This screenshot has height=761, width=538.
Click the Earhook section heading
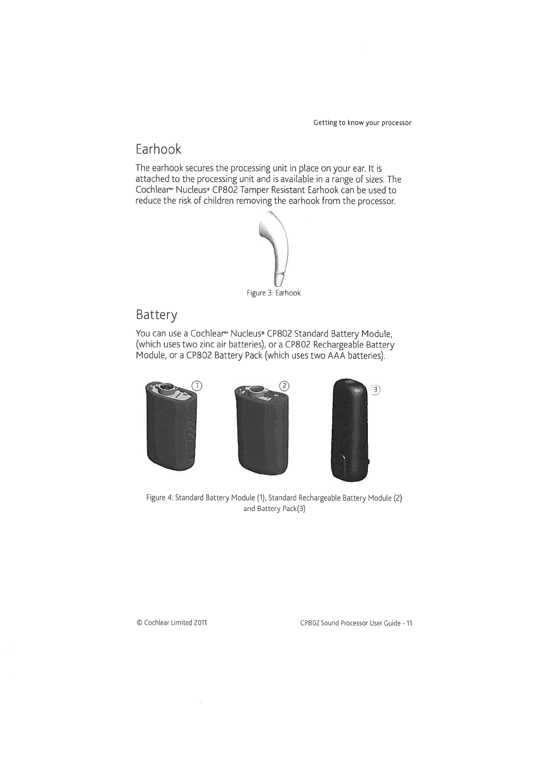(158, 149)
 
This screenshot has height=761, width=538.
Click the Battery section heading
(156, 314)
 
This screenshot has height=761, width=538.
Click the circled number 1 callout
(196, 385)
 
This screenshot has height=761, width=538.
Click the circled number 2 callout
(284, 385)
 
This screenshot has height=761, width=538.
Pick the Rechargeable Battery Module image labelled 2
(260, 429)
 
